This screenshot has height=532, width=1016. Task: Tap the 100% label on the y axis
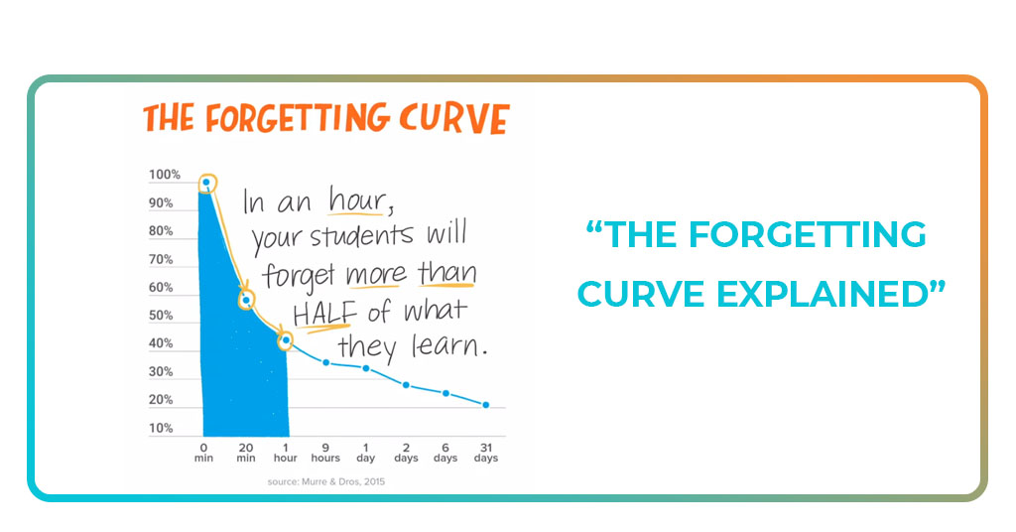click(x=165, y=175)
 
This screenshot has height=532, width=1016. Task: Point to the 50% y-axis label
click(x=161, y=316)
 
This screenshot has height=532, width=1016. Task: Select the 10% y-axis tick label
click(x=161, y=429)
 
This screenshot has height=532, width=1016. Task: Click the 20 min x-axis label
click(x=246, y=452)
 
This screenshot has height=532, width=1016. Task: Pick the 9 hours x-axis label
click(x=325, y=452)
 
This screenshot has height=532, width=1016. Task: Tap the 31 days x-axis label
click(x=485, y=452)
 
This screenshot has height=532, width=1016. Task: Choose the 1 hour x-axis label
click(x=286, y=452)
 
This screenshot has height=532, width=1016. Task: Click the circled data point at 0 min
click(x=206, y=183)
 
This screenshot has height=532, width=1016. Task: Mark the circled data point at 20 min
click(x=246, y=299)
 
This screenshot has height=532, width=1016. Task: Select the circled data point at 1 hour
click(x=286, y=340)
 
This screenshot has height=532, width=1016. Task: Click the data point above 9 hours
click(x=325, y=362)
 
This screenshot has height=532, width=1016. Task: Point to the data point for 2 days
click(x=406, y=384)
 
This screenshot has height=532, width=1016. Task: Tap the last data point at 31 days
click(x=485, y=405)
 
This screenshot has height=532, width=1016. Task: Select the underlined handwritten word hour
click(x=355, y=201)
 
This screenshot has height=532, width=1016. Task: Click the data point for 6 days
click(x=445, y=393)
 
